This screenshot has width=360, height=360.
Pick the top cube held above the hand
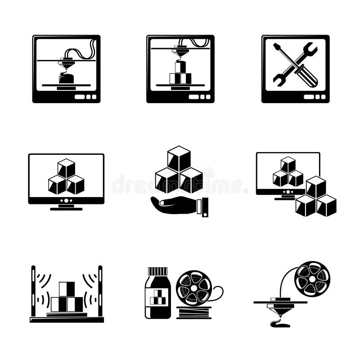coord(179,158)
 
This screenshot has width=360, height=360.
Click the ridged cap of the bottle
coord(157,271)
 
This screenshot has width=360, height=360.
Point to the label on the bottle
coord(157,297)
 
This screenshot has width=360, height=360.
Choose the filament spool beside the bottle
coord(194,285)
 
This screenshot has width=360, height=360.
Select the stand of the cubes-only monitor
coord(66,207)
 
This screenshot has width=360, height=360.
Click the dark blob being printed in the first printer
coord(66,79)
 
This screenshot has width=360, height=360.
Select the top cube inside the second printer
coord(180,67)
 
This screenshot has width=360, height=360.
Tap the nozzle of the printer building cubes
coord(180,54)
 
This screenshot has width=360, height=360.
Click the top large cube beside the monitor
coord(315,186)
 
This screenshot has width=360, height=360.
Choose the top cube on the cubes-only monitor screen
coord(66,168)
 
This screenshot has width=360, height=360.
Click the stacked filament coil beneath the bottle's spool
coord(194,312)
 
